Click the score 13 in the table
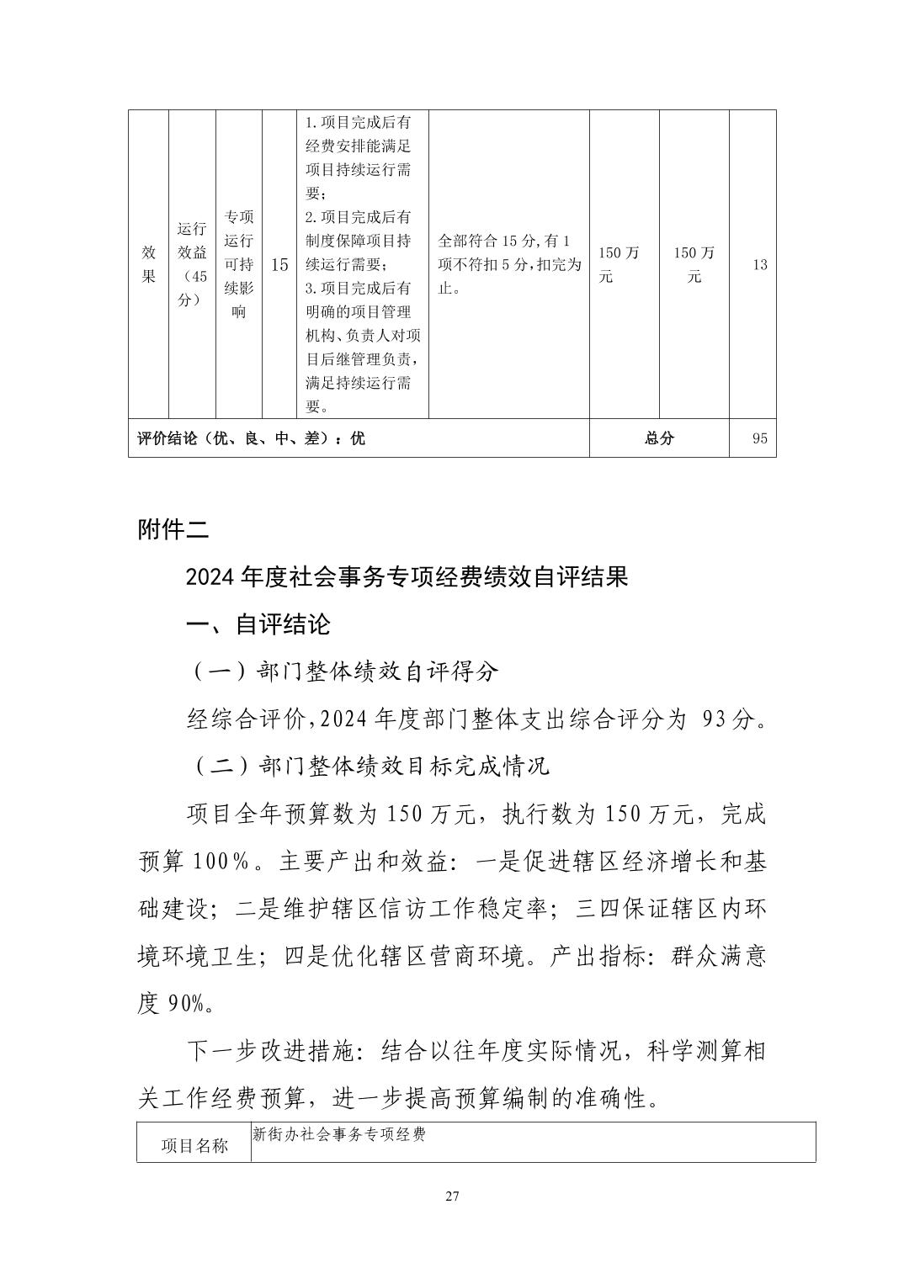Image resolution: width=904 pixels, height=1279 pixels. [x=759, y=264]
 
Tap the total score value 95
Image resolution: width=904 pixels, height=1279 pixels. [x=759, y=438]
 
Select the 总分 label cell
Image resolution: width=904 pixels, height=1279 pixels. [x=659, y=438]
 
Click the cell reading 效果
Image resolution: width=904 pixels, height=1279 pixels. [x=149, y=264]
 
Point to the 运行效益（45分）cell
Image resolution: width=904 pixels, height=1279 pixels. [x=192, y=264]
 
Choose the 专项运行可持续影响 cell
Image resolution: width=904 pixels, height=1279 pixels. [x=239, y=264]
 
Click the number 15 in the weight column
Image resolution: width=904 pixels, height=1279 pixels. [x=279, y=264]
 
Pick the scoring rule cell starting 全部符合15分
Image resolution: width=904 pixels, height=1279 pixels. [x=509, y=264]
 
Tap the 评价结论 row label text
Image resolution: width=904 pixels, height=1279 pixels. [x=251, y=438]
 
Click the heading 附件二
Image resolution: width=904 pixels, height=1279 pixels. [x=173, y=530]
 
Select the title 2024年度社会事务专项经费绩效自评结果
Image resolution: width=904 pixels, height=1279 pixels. [x=407, y=577]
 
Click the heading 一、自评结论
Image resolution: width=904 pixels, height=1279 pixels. [x=258, y=624]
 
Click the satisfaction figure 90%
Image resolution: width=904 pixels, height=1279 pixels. [x=185, y=1003]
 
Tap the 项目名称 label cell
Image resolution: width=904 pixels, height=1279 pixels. [x=194, y=1146]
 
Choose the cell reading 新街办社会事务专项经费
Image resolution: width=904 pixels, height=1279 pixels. [x=339, y=1134]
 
